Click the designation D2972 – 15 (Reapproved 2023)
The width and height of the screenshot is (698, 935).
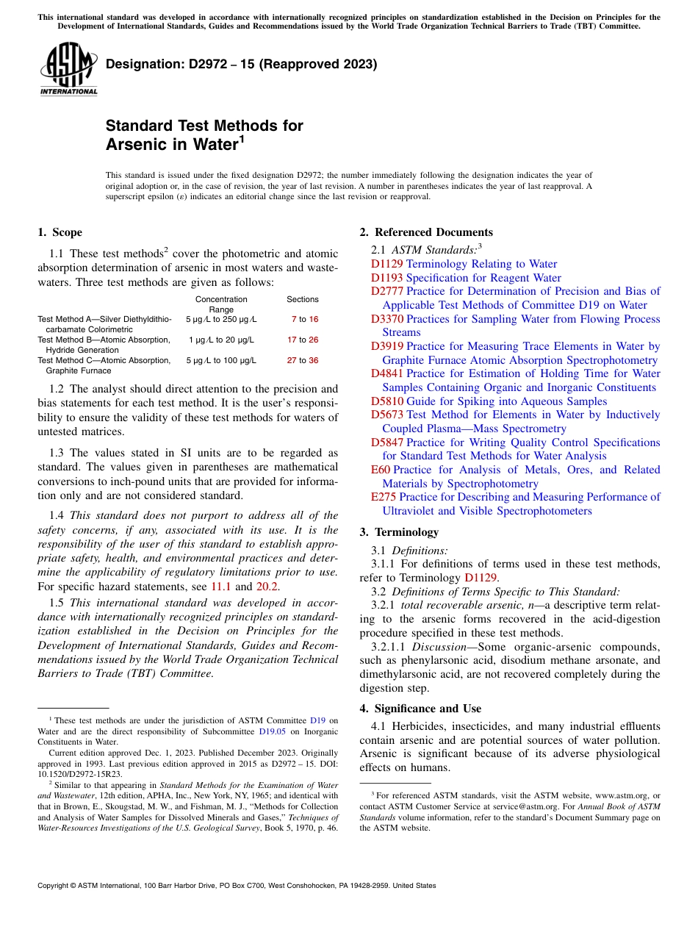click(x=241, y=64)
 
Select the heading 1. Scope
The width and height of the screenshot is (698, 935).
click(x=60, y=232)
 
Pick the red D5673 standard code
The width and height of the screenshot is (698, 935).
click(x=387, y=415)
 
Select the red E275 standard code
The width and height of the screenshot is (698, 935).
click(x=384, y=497)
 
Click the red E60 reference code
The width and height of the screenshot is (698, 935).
click(x=381, y=470)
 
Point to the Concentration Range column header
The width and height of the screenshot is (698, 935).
click(x=221, y=304)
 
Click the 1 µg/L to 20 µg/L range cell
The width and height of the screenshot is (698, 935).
click(x=221, y=340)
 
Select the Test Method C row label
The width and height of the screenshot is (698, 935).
click(x=104, y=360)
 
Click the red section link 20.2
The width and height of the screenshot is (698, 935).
click(x=267, y=587)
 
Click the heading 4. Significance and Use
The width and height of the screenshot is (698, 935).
click(x=420, y=709)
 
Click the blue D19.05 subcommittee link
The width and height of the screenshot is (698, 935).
click(x=272, y=731)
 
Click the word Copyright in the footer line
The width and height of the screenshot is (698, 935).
click(x=54, y=886)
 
